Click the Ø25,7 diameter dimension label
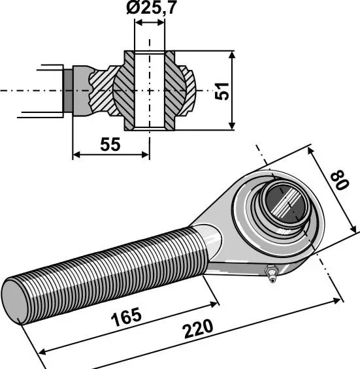coord(151,8)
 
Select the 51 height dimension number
coord(221,91)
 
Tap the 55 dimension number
coord(110,144)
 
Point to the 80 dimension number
coord(339,180)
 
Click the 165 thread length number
coord(127,317)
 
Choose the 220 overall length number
coord(198,329)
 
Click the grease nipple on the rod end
coord(271,273)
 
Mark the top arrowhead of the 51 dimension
coord(232,56)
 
